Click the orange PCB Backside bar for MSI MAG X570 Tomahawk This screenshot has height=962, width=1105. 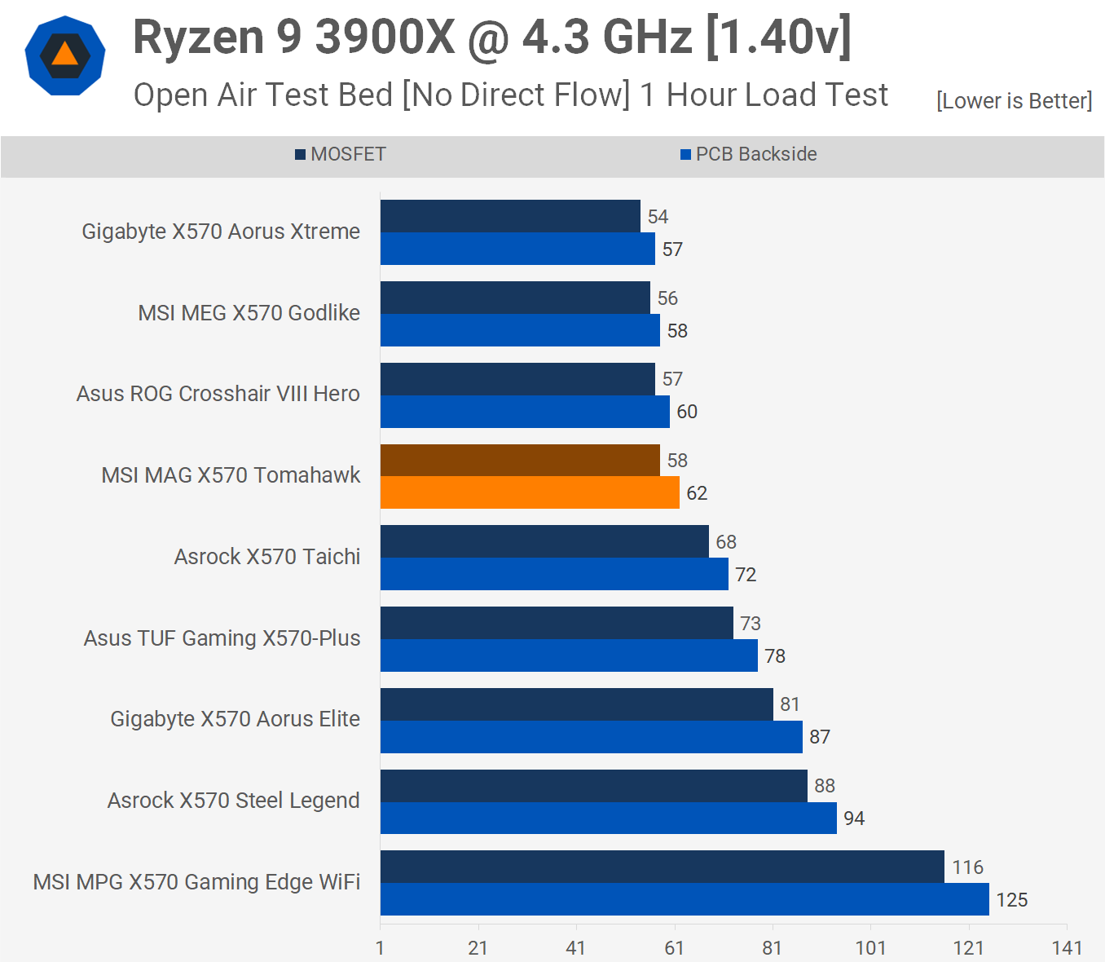530,492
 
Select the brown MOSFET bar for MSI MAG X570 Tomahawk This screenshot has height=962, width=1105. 520,461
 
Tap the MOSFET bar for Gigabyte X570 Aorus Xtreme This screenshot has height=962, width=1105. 510,216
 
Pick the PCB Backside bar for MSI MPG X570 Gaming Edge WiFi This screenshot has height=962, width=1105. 685,899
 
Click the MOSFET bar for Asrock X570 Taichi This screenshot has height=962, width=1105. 544,541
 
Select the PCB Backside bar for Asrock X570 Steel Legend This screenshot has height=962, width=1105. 608,818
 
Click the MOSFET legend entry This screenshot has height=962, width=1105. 341,154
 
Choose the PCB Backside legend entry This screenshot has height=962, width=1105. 749,154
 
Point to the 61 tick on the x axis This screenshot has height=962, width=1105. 674,947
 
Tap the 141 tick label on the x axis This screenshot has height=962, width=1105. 1067,947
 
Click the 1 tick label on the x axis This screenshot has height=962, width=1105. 380,947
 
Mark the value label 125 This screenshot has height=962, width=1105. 1011,900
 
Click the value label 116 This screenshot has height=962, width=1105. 967,867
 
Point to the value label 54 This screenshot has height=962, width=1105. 658,217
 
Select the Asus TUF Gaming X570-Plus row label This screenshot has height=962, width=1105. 222,638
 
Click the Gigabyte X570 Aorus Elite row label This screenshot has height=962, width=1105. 235,719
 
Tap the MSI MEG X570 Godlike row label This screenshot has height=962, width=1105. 249,313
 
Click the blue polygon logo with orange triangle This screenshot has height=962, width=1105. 65,56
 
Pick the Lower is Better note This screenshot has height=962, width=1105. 1014,101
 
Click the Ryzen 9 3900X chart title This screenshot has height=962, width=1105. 492,38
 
